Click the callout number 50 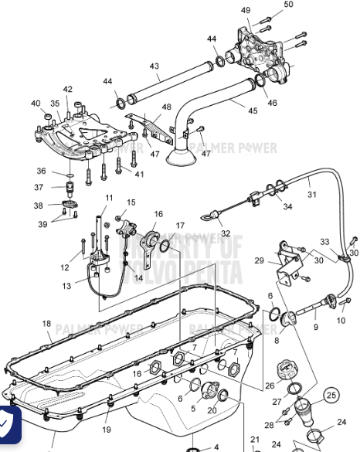[x=289, y=5]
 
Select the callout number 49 [x=246, y=10]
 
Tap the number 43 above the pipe [x=154, y=66]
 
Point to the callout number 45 [x=252, y=111]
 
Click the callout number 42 [x=68, y=90]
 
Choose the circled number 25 [x=331, y=396]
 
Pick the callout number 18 [x=46, y=324]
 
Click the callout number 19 [x=107, y=430]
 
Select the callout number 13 [x=68, y=287]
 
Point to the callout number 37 [x=39, y=187]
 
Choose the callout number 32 [x=226, y=233]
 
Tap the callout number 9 [x=315, y=327]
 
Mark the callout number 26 [x=270, y=386]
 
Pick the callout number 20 [x=212, y=410]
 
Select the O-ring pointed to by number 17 [x=163, y=246]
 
